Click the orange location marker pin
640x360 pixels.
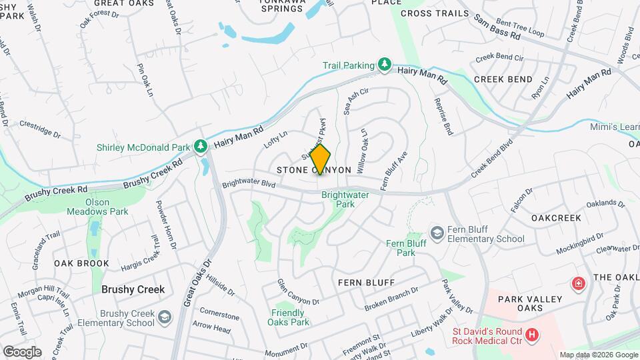coord(320,159)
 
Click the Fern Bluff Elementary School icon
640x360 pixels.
coord(437,232)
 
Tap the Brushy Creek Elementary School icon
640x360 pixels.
coord(163,318)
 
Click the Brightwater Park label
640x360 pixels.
coord(338,200)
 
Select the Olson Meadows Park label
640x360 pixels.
coord(97,206)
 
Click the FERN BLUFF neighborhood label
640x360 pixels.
coord(366,283)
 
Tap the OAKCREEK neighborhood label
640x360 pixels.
coord(556,218)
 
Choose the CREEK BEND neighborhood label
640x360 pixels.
coord(503,79)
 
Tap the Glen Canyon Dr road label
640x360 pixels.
coord(299,292)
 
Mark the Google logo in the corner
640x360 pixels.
coord(21,351)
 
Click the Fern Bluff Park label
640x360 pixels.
coord(406,247)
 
